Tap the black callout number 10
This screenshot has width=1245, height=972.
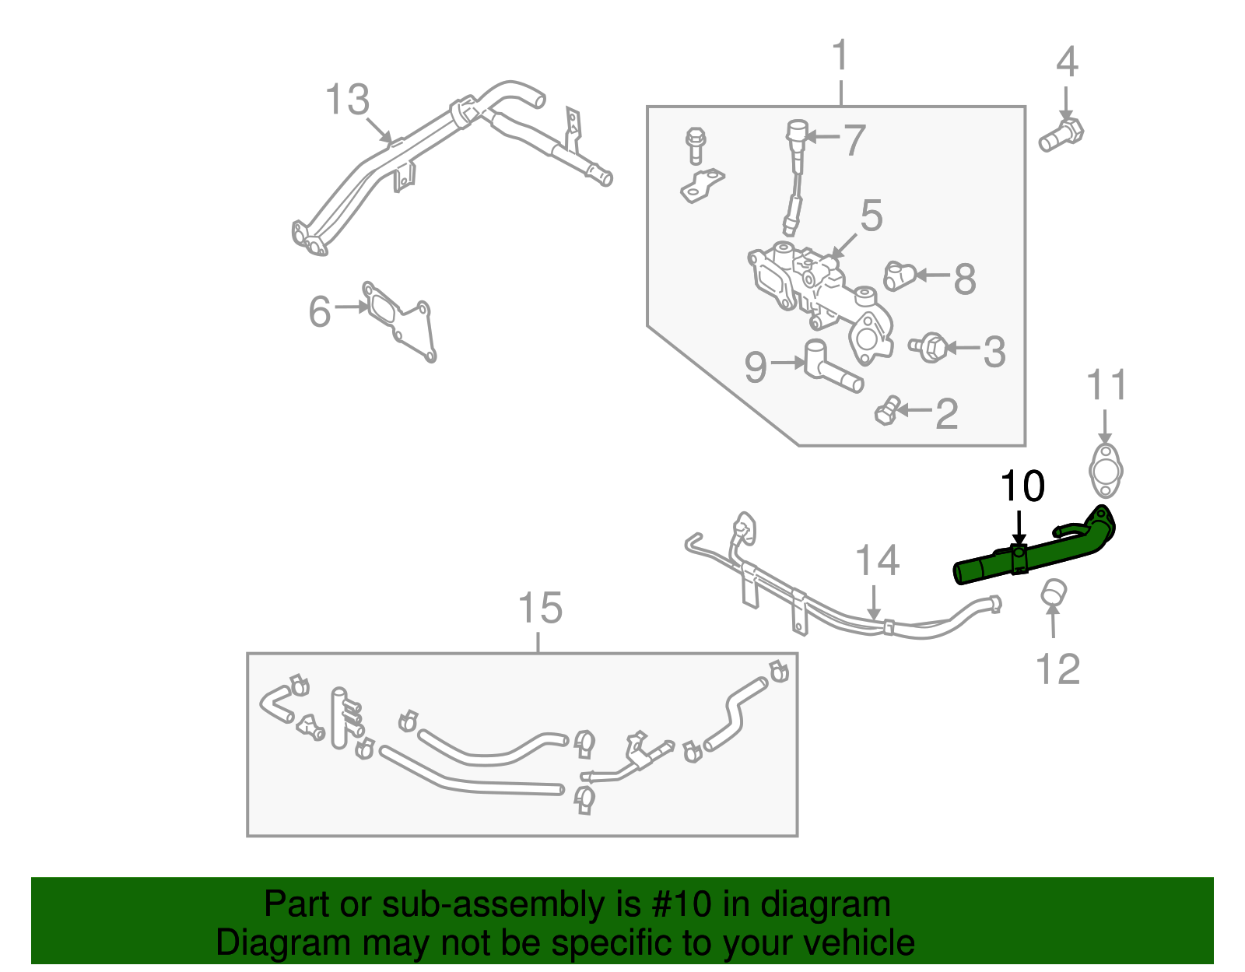point(1022,486)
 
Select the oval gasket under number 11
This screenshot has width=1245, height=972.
point(1105,471)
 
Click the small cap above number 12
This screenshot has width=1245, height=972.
point(1053,592)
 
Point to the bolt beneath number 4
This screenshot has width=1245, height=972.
point(1061,135)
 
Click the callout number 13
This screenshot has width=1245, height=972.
point(347,100)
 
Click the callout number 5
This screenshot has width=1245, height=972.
point(871,216)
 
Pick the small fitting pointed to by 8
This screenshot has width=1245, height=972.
point(900,275)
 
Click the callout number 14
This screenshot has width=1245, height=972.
point(877,561)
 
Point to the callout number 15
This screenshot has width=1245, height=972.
point(539,608)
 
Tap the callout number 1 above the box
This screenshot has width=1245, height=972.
point(840,56)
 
